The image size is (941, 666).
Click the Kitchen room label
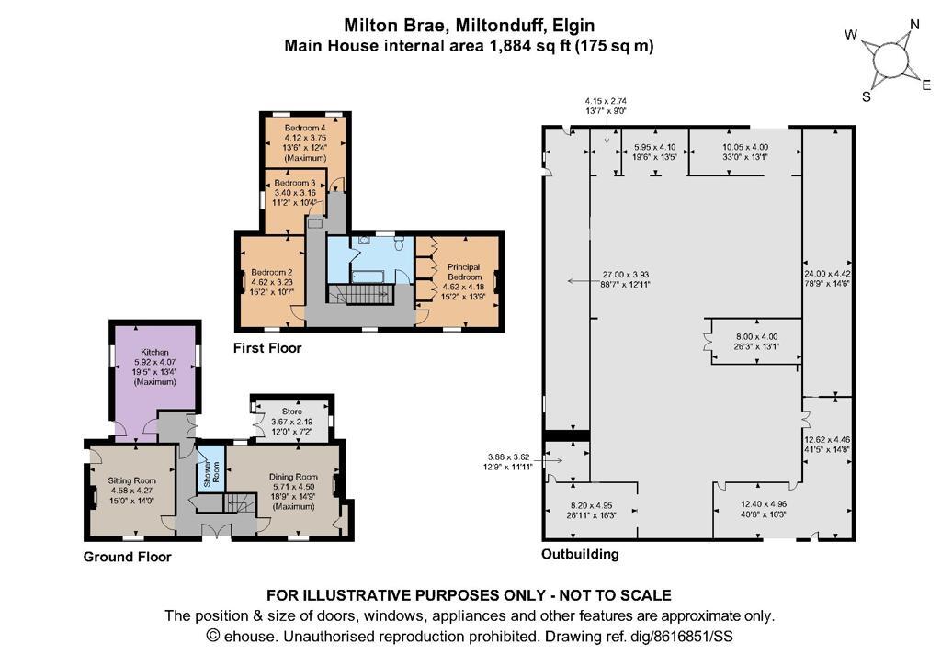click(x=154, y=352)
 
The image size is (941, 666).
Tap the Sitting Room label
click(x=132, y=480)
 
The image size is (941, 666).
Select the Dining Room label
click(x=293, y=478)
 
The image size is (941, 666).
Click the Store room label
click(x=291, y=412)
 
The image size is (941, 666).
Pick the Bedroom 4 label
click(x=305, y=128)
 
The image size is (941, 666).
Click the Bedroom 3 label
click(x=295, y=183)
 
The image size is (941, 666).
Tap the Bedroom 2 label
click(x=272, y=273)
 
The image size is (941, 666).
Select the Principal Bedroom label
click(x=464, y=272)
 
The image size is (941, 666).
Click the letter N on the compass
click(x=914, y=25)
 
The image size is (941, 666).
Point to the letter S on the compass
click(x=867, y=96)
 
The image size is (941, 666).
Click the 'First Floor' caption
click(x=267, y=348)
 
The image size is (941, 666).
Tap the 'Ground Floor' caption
click(x=127, y=557)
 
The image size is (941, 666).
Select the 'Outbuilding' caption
click(x=580, y=554)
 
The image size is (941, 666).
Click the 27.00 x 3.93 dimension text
click(x=626, y=276)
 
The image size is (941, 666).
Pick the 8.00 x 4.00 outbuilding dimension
click(x=756, y=336)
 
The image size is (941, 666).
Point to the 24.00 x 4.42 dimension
click(x=828, y=274)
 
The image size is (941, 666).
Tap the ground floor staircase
click(x=240, y=502)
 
